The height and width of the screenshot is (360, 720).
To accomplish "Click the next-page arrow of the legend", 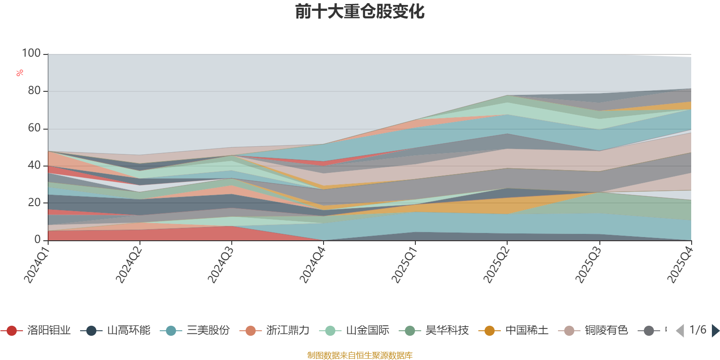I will [x=715, y=331].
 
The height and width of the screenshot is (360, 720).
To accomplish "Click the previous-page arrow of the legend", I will [x=680, y=331].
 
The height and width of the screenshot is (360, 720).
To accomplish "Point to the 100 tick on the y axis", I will [x=31, y=54].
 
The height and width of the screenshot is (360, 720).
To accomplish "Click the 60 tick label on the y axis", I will [x=34, y=128].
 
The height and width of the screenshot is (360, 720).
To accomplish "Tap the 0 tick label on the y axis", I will [x=38, y=240].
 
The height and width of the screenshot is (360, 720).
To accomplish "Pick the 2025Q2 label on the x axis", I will [x=495, y=265].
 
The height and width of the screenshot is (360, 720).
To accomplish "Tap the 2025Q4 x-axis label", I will [x=679, y=265].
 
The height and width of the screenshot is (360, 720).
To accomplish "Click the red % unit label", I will [x=20, y=73].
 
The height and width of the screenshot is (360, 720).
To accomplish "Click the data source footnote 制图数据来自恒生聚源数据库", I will [x=360, y=355].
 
